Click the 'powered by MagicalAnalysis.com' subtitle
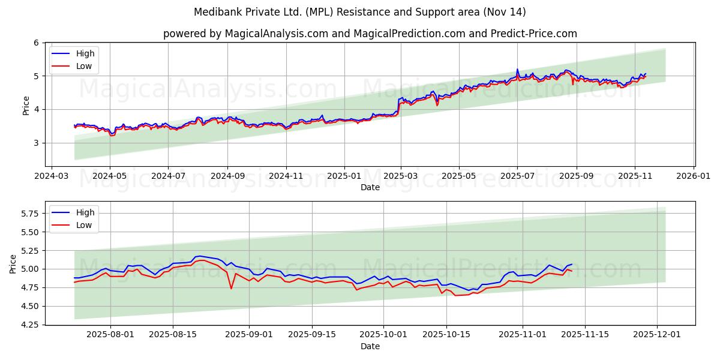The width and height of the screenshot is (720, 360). click(x=370, y=34)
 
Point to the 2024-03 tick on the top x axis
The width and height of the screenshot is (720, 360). click(x=52, y=176)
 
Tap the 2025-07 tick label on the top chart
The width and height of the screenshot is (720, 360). click(x=517, y=176)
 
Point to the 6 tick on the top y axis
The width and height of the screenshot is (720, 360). click(x=36, y=43)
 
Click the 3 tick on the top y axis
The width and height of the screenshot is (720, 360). click(x=36, y=143)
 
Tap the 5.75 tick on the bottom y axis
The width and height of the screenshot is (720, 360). click(x=29, y=214)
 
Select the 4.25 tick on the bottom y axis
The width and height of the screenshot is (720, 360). click(x=29, y=325)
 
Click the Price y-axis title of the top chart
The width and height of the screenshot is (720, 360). click(x=26, y=105)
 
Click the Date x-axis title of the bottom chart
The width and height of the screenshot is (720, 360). click(x=370, y=346)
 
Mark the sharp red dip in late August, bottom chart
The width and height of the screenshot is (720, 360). click(x=231, y=289)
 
